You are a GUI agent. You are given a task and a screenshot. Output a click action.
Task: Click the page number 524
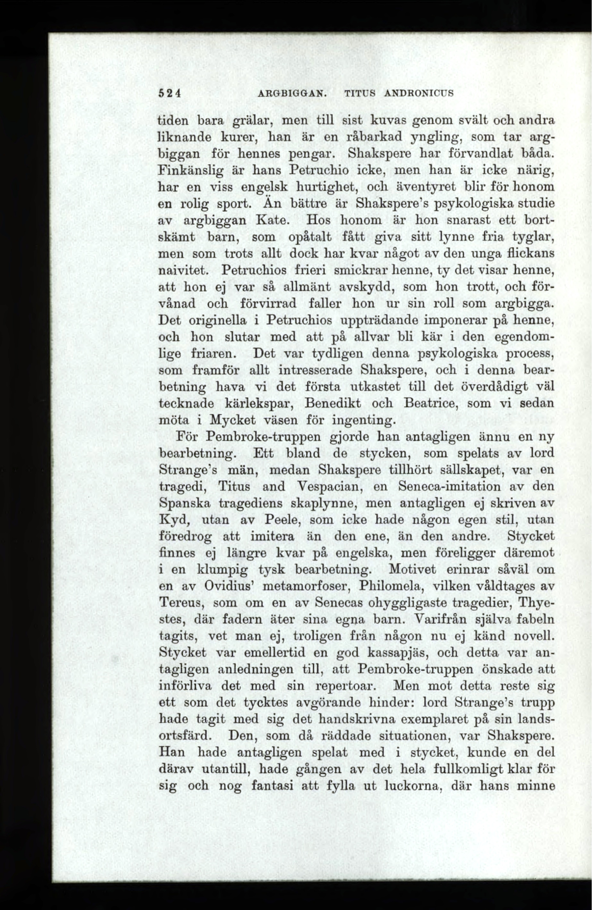pos(169,93)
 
